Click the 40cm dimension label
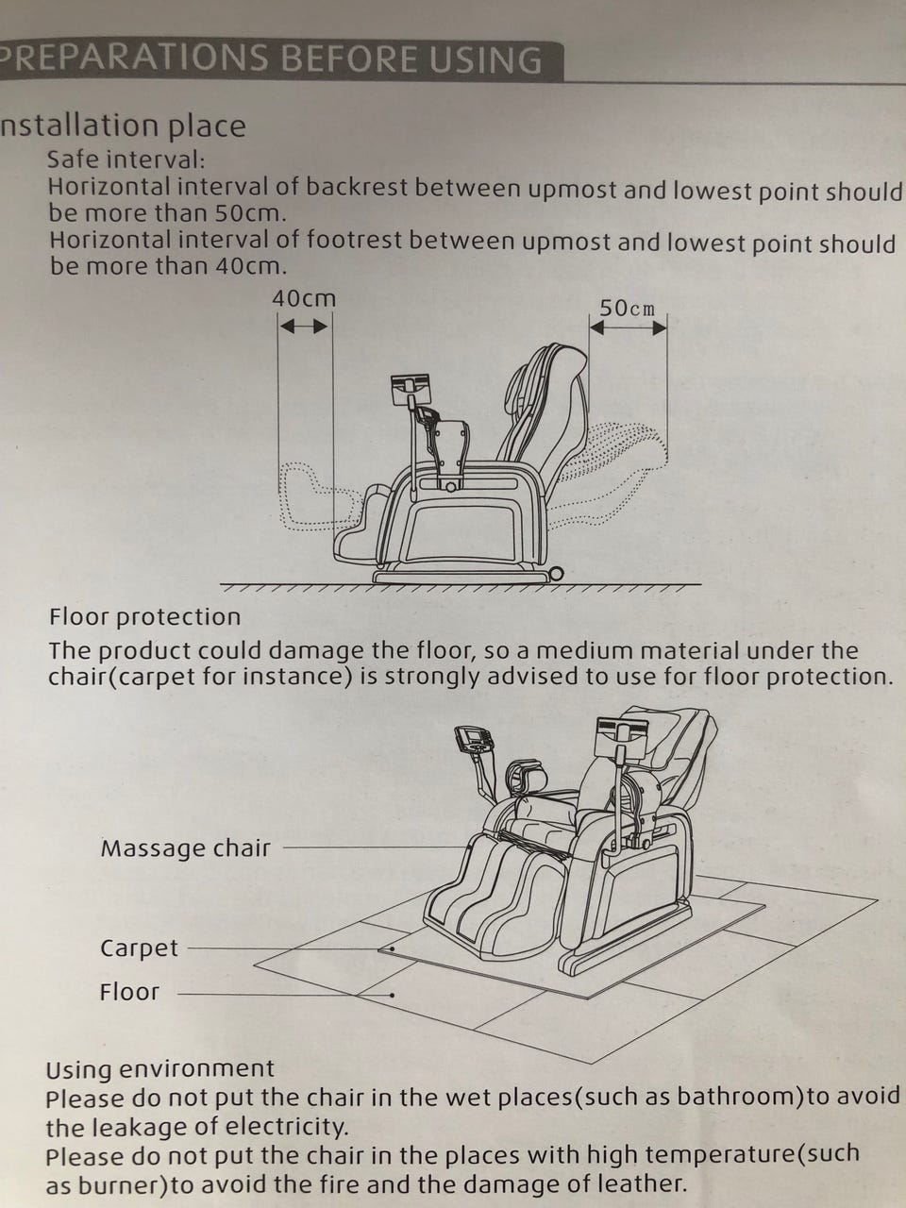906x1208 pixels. click(304, 299)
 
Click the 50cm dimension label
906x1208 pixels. click(627, 309)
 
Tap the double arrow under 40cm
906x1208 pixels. click(304, 327)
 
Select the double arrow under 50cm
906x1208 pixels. click(629, 328)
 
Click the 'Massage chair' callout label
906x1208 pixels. click(185, 848)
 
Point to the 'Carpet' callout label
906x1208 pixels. click(139, 948)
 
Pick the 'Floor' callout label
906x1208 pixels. click(129, 992)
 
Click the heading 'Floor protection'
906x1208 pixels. click(144, 617)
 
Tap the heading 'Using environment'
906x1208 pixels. click(159, 1068)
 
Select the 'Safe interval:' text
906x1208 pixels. click(126, 159)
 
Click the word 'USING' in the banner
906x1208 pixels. click(485, 59)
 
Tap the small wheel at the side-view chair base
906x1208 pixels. click(556, 574)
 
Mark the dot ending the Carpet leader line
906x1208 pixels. click(392, 948)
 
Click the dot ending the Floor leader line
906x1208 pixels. click(392, 995)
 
